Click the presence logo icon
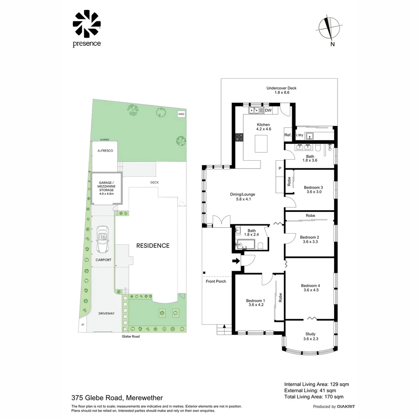pos(87,24)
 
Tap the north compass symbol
pos(330,28)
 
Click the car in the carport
pos(103,240)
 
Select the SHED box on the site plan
pos(181,114)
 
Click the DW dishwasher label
pos(268,111)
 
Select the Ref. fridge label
pos(287,135)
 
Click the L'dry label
pos(299,135)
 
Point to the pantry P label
pos(280,168)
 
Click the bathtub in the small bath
pos(245,244)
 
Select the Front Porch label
pos(216,281)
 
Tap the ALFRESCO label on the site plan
pos(105,151)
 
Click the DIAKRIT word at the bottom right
pos(346,407)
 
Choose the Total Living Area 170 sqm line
pos(314,397)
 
